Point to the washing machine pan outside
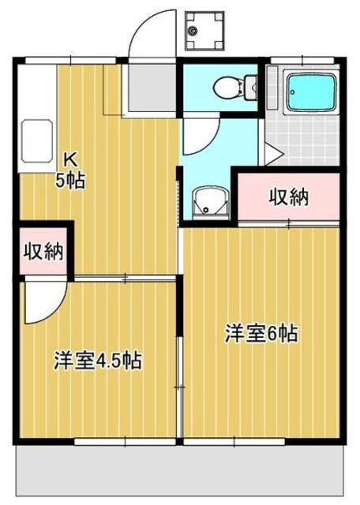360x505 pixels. [204, 31]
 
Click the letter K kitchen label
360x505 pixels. [71, 159]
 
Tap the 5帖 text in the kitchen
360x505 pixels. [70, 180]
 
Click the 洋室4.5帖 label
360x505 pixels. [98, 361]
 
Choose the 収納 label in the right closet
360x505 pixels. [289, 196]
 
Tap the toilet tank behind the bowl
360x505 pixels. [251, 87]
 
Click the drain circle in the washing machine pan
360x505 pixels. [193, 31]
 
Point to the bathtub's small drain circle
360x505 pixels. [293, 92]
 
